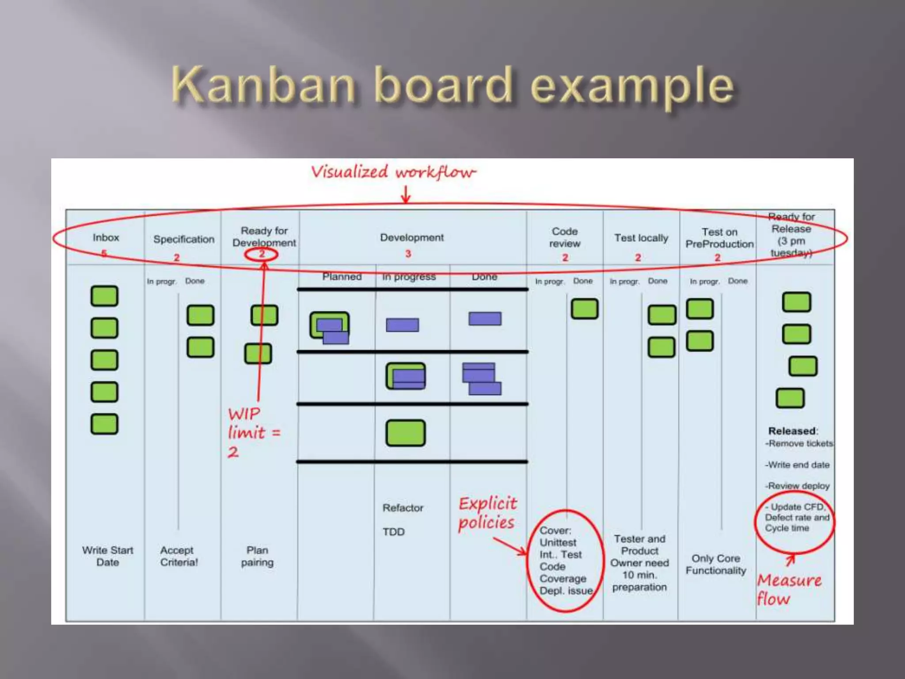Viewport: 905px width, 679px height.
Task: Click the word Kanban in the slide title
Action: tap(263, 85)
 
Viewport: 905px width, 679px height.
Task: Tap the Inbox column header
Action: tap(106, 238)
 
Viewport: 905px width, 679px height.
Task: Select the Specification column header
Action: tap(184, 239)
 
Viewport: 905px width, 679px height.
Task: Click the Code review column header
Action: tap(565, 237)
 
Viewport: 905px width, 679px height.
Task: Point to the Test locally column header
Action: tap(641, 238)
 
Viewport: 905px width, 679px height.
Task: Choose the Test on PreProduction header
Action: tap(719, 238)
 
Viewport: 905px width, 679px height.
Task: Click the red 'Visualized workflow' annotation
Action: tap(393, 172)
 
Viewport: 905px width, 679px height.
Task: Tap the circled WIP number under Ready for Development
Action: tap(262, 254)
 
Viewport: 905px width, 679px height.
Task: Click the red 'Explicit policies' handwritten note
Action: tap(487, 513)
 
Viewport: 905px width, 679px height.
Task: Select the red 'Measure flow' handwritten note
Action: tap(789, 589)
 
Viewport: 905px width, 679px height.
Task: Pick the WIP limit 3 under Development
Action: tap(408, 254)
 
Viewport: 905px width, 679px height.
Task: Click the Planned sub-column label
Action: tap(342, 277)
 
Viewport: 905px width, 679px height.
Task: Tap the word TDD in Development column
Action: tap(393, 532)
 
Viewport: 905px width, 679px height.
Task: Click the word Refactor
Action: tap(403, 508)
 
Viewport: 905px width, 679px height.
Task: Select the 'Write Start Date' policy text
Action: tap(107, 556)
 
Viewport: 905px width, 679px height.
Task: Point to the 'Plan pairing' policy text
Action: tap(257, 556)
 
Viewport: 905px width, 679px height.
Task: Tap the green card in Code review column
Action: tap(584, 309)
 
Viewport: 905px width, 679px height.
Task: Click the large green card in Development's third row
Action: tap(405, 433)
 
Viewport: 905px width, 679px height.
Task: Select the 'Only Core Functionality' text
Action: tap(716, 565)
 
